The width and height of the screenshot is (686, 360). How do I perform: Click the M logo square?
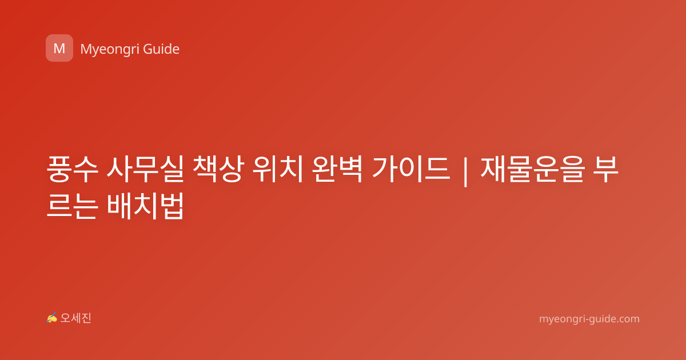click(59, 48)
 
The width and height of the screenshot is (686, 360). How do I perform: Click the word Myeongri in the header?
click(109, 50)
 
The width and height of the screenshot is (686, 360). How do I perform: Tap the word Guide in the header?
click(161, 49)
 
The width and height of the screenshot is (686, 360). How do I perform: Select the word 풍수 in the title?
click(73, 169)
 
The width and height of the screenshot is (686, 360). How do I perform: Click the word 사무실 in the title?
click(145, 169)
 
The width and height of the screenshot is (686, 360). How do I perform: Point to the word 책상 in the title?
click(218, 169)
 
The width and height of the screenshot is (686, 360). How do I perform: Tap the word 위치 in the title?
click(278, 169)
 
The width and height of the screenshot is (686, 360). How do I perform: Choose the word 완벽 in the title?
click(337, 169)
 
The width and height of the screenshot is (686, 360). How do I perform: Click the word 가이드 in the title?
click(411, 169)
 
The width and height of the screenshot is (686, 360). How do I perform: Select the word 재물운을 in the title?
click(533, 169)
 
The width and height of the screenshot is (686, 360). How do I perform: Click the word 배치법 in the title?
click(146, 206)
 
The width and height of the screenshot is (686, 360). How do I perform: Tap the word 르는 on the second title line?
click(73, 206)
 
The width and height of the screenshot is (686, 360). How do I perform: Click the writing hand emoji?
click(52, 318)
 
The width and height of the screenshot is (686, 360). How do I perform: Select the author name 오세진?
click(75, 318)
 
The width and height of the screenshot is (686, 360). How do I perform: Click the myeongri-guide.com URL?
click(589, 319)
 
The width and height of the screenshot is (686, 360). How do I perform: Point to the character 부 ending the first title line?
click(605, 169)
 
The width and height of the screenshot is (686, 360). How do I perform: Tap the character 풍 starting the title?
click(59, 169)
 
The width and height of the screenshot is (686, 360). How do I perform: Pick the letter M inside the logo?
click(59, 49)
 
